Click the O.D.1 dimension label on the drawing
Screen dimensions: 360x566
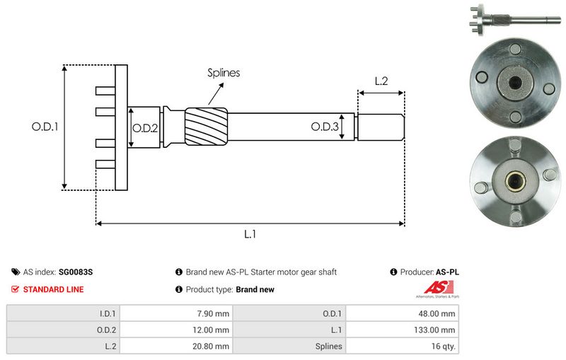coord(44,127)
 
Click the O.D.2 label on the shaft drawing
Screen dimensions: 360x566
coord(145,127)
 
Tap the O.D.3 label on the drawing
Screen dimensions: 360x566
coord(325,127)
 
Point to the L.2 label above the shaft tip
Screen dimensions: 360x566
coord(381,81)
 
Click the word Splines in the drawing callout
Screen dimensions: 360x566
coord(224,72)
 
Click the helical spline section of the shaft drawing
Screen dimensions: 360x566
coord(206,127)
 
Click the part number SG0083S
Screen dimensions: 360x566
coord(76,272)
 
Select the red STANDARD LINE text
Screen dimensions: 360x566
coord(53,289)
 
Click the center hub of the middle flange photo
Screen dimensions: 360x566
coord(512,84)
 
